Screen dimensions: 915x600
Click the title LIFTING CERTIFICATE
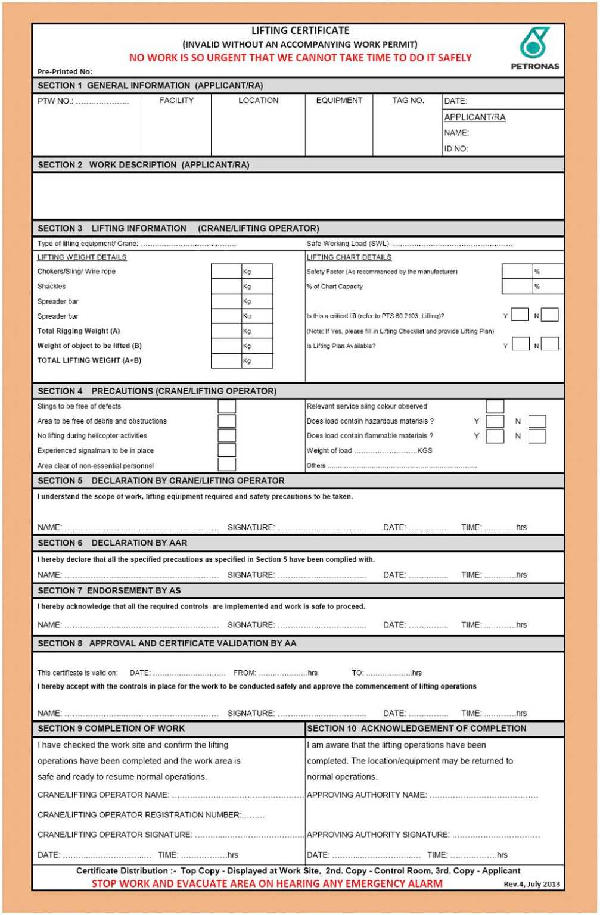(300, 30)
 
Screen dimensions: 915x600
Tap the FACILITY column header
(176, 101)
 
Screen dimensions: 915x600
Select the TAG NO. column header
(408, 101)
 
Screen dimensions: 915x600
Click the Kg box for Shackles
(226, 287)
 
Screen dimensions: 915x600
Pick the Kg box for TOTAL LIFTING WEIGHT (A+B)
(226, 360)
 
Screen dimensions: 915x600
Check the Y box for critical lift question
(520, 315)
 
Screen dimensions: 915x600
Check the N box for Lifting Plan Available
(550, 344)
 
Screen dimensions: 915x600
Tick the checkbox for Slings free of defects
(226, 406)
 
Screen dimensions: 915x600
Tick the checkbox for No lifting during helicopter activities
(226, 435)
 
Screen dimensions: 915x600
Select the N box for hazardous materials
(537, 421)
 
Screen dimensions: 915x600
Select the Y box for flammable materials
(495, 436)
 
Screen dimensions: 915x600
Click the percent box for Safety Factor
(517, 272)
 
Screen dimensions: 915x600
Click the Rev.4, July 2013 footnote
(531, 884)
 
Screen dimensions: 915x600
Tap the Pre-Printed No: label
(65, 71)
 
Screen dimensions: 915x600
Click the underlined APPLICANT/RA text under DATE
(474, 117)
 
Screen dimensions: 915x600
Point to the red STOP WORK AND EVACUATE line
(267, 883)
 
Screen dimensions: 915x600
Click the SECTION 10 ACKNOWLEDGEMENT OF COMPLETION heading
(416, 728)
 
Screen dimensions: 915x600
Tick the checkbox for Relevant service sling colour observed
(495, 406)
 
